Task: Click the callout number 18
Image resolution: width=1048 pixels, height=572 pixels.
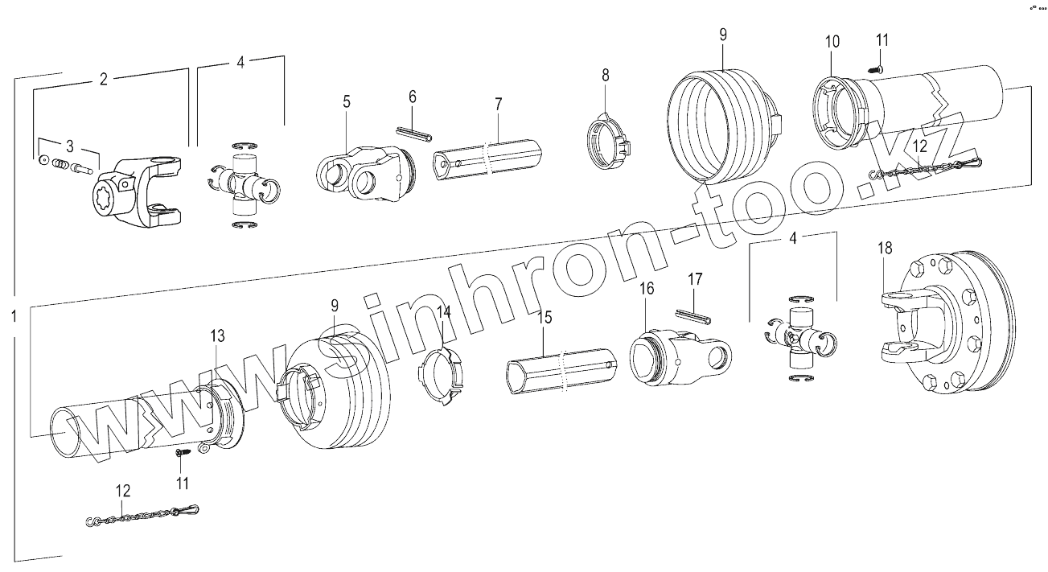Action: point(885,249)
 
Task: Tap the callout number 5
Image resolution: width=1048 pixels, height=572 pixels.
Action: point(347,102)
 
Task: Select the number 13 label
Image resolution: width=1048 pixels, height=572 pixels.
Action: point(218,335)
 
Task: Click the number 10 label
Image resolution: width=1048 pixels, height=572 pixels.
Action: point(832,41)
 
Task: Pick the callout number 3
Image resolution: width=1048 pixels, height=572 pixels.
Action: point(70,146)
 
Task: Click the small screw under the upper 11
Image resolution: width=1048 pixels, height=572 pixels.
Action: point(877,72)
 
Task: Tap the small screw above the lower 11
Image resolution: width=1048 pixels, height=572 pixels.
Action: point(182,454)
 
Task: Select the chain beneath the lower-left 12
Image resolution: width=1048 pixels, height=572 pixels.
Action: point(143,516)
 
